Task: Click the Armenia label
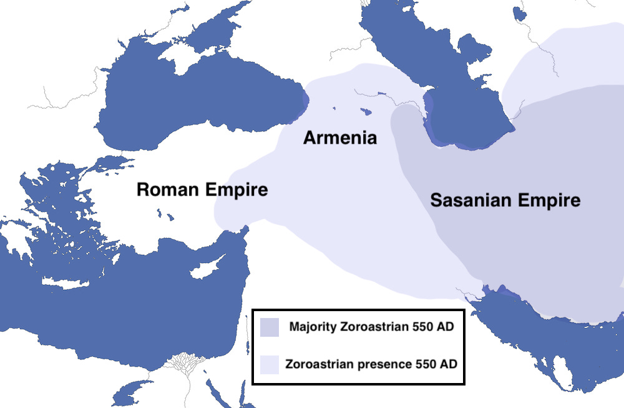[340, 137]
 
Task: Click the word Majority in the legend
[314, 327]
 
